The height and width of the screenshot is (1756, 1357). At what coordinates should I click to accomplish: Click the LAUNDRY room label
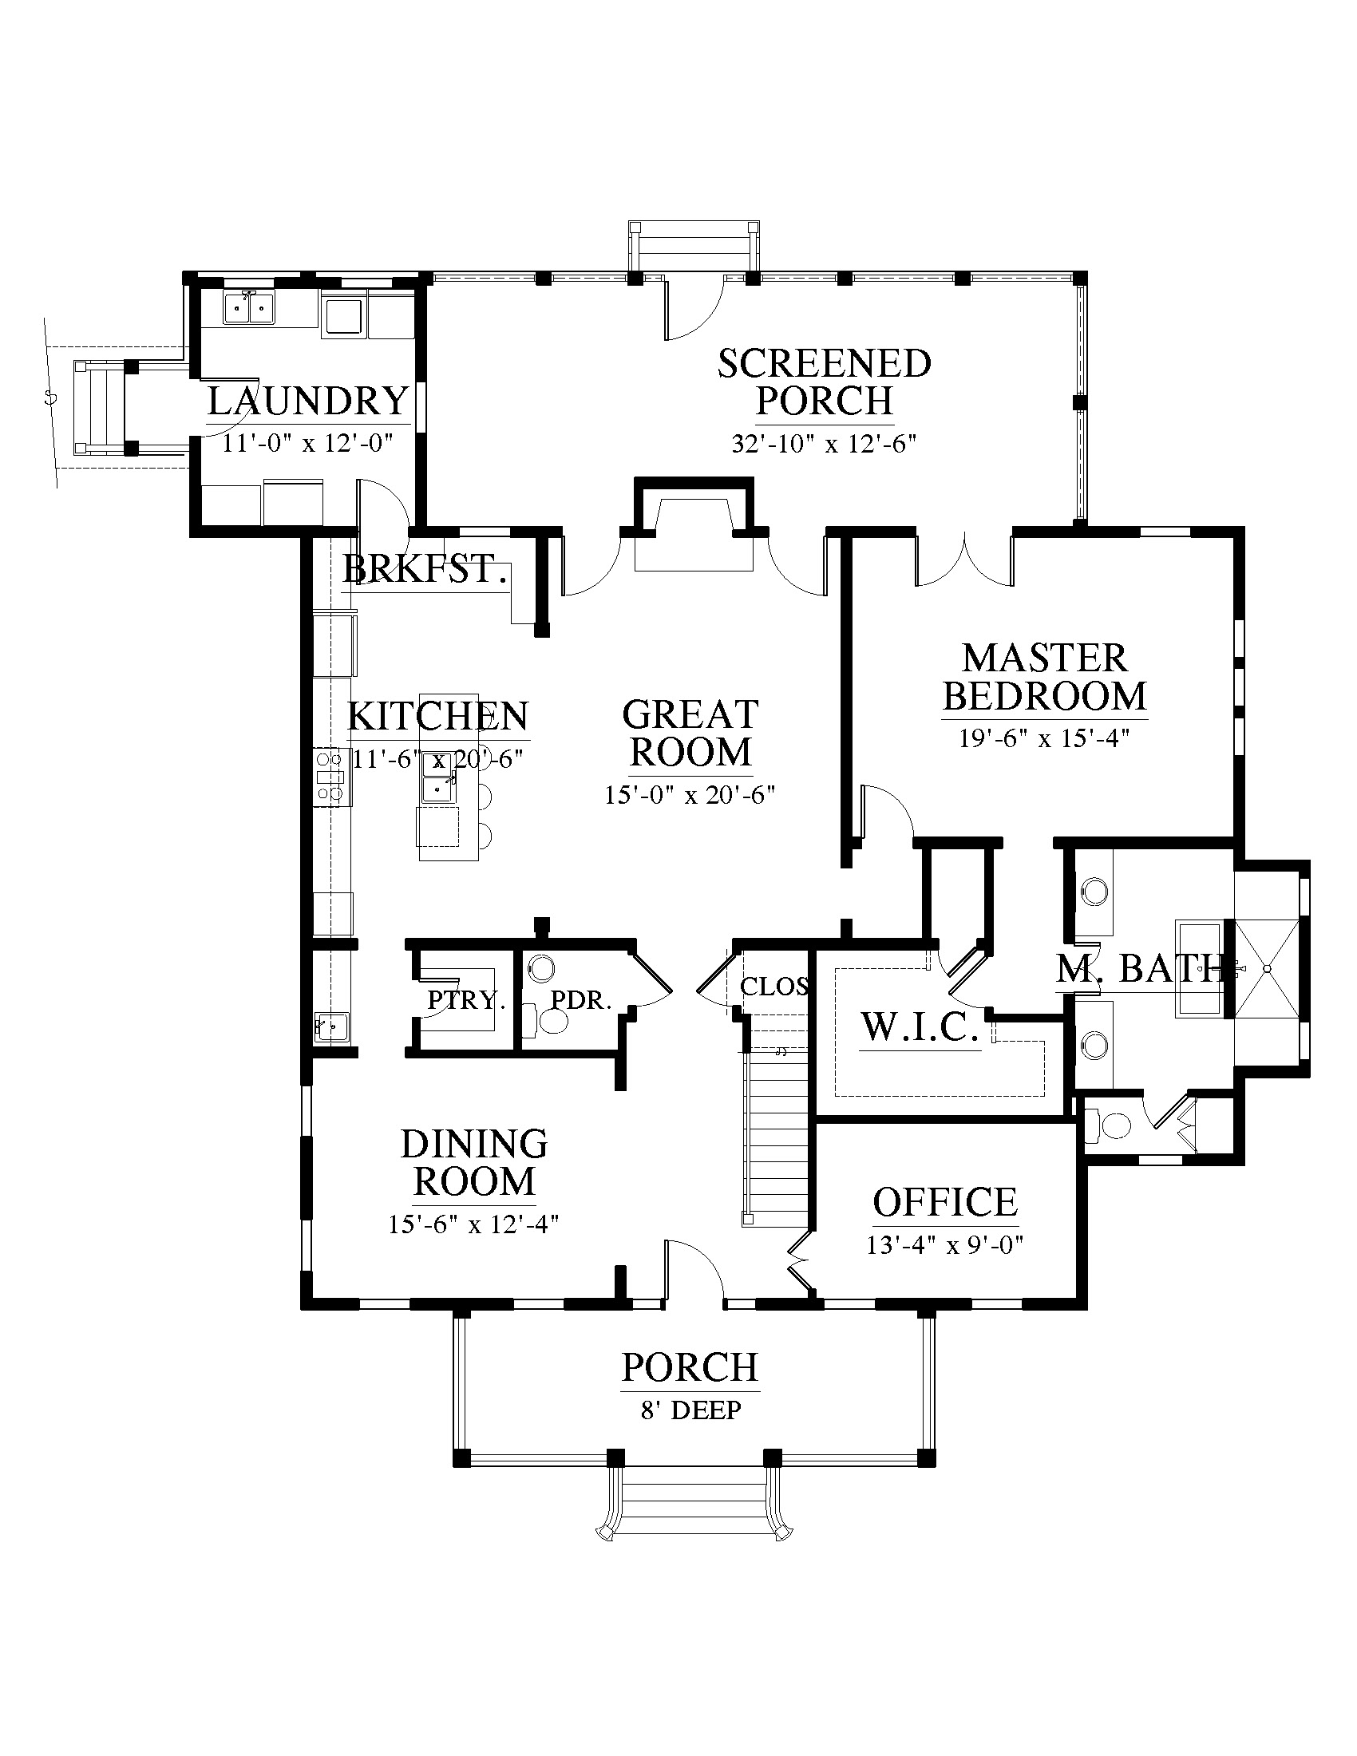pyautogui.click(x=309, y=401)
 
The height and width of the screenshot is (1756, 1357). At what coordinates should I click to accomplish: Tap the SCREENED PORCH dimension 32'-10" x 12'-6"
pyautogui.click(x=824, y=443)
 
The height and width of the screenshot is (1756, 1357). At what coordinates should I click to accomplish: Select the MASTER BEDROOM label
pyautogui.click(x=1045, y=677)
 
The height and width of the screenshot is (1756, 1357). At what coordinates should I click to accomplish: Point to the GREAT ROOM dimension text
pyautogui.click(x=690, y=795)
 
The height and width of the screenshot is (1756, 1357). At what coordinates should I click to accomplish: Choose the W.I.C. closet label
pyautogui.click(x=920, y=1027)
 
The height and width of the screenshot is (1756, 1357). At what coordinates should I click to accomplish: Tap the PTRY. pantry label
pyautogui.click(x=466, y=1000)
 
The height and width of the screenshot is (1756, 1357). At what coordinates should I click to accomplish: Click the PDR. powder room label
pyautogui.click(x=581, y=1000)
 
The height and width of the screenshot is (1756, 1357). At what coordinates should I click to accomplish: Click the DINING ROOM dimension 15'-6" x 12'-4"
pyautogui.click(x=473, y=1224)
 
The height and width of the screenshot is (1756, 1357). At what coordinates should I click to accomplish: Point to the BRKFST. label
pyautogui.click(x=427, y=570)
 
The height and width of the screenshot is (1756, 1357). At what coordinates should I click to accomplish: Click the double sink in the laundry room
pyautogui.click(x=250, y=307)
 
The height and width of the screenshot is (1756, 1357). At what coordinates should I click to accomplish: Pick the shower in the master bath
pyautogui.click(x=1266, y=969)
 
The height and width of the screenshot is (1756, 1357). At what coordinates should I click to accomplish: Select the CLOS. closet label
pyautogui.click(x=773, y=987)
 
